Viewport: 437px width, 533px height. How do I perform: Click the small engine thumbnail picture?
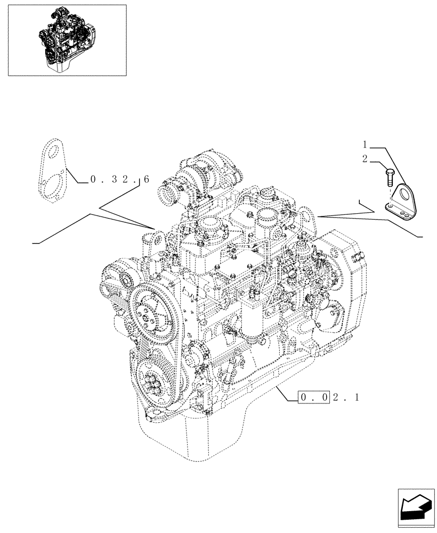(67, 40)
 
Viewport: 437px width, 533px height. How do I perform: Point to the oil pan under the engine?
(213, 437)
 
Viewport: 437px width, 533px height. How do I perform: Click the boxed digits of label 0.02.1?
(314, 397)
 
